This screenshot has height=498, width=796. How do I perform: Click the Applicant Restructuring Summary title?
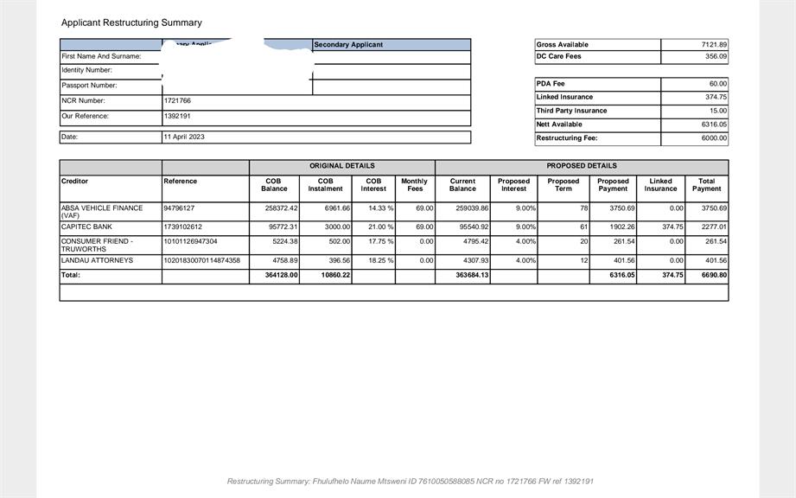click(131, 22)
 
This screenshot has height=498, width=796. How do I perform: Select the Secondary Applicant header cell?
click(348, 45)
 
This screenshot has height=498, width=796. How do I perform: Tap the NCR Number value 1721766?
click(177, 101)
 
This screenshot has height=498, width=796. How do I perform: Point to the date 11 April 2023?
click(184, 137)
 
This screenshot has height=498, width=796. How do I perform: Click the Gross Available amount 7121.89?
click(714, 45)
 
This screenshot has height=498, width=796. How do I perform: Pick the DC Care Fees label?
click(558, 57)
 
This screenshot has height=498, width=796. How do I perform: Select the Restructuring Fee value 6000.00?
click(714, 138)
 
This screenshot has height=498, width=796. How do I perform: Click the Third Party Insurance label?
click(571, 111)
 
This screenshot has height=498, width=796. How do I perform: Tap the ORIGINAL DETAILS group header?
click(341, 166)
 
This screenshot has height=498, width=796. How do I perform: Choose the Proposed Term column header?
click(563, 185)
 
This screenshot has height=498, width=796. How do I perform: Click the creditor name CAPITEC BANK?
click(86, 227)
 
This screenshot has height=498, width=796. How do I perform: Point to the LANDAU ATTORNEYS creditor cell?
click(97, 260)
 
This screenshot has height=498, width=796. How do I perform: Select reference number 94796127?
click(179, 208)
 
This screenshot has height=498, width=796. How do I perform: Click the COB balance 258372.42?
click(280, 208)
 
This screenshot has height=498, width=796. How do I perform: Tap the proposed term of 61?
click(583, 227)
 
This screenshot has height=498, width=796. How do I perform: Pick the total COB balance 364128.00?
click(281, 276)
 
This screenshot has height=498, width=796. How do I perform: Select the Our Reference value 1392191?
click(177, 116)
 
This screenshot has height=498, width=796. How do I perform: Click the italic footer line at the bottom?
click(410, 482)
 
